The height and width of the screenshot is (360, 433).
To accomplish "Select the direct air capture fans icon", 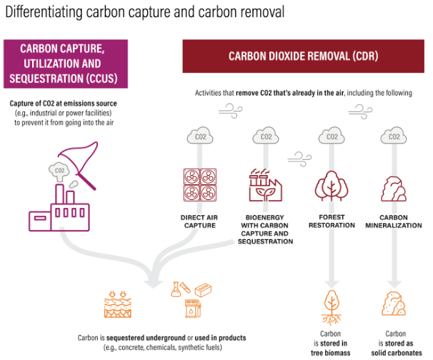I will pos(199,186).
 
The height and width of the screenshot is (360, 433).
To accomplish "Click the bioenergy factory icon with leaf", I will pos(265,186).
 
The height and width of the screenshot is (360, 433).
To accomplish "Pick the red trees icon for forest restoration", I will pos(331,186).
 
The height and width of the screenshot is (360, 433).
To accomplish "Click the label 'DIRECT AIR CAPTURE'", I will pos(199,221).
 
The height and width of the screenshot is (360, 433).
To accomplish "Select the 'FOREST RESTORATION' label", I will pos(332,221).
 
